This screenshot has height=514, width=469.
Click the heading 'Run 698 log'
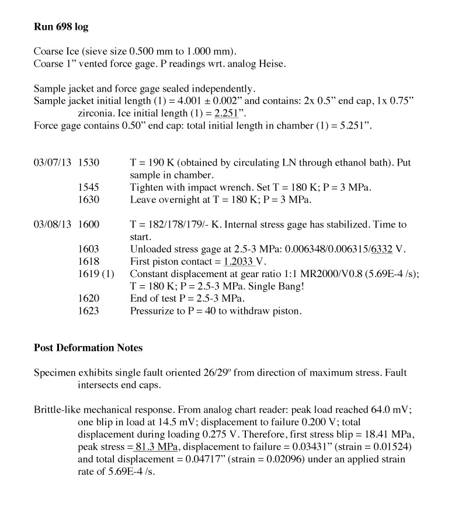(x=61, y=27)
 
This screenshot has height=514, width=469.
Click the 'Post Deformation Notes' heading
(x=88, y=348)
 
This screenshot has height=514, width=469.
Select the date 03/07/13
(x=53, y=163)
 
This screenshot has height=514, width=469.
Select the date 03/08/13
(x=53, y=225)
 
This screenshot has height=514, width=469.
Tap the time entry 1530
(x=88, y=163)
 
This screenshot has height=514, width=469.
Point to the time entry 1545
(x=88, y=187)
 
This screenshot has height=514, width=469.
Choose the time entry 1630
(x=88, y=200)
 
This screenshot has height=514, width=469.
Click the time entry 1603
(x=88, y=249)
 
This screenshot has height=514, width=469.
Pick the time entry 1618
(x=88, y=261)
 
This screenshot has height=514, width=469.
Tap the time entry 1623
(x=88, y=311)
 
